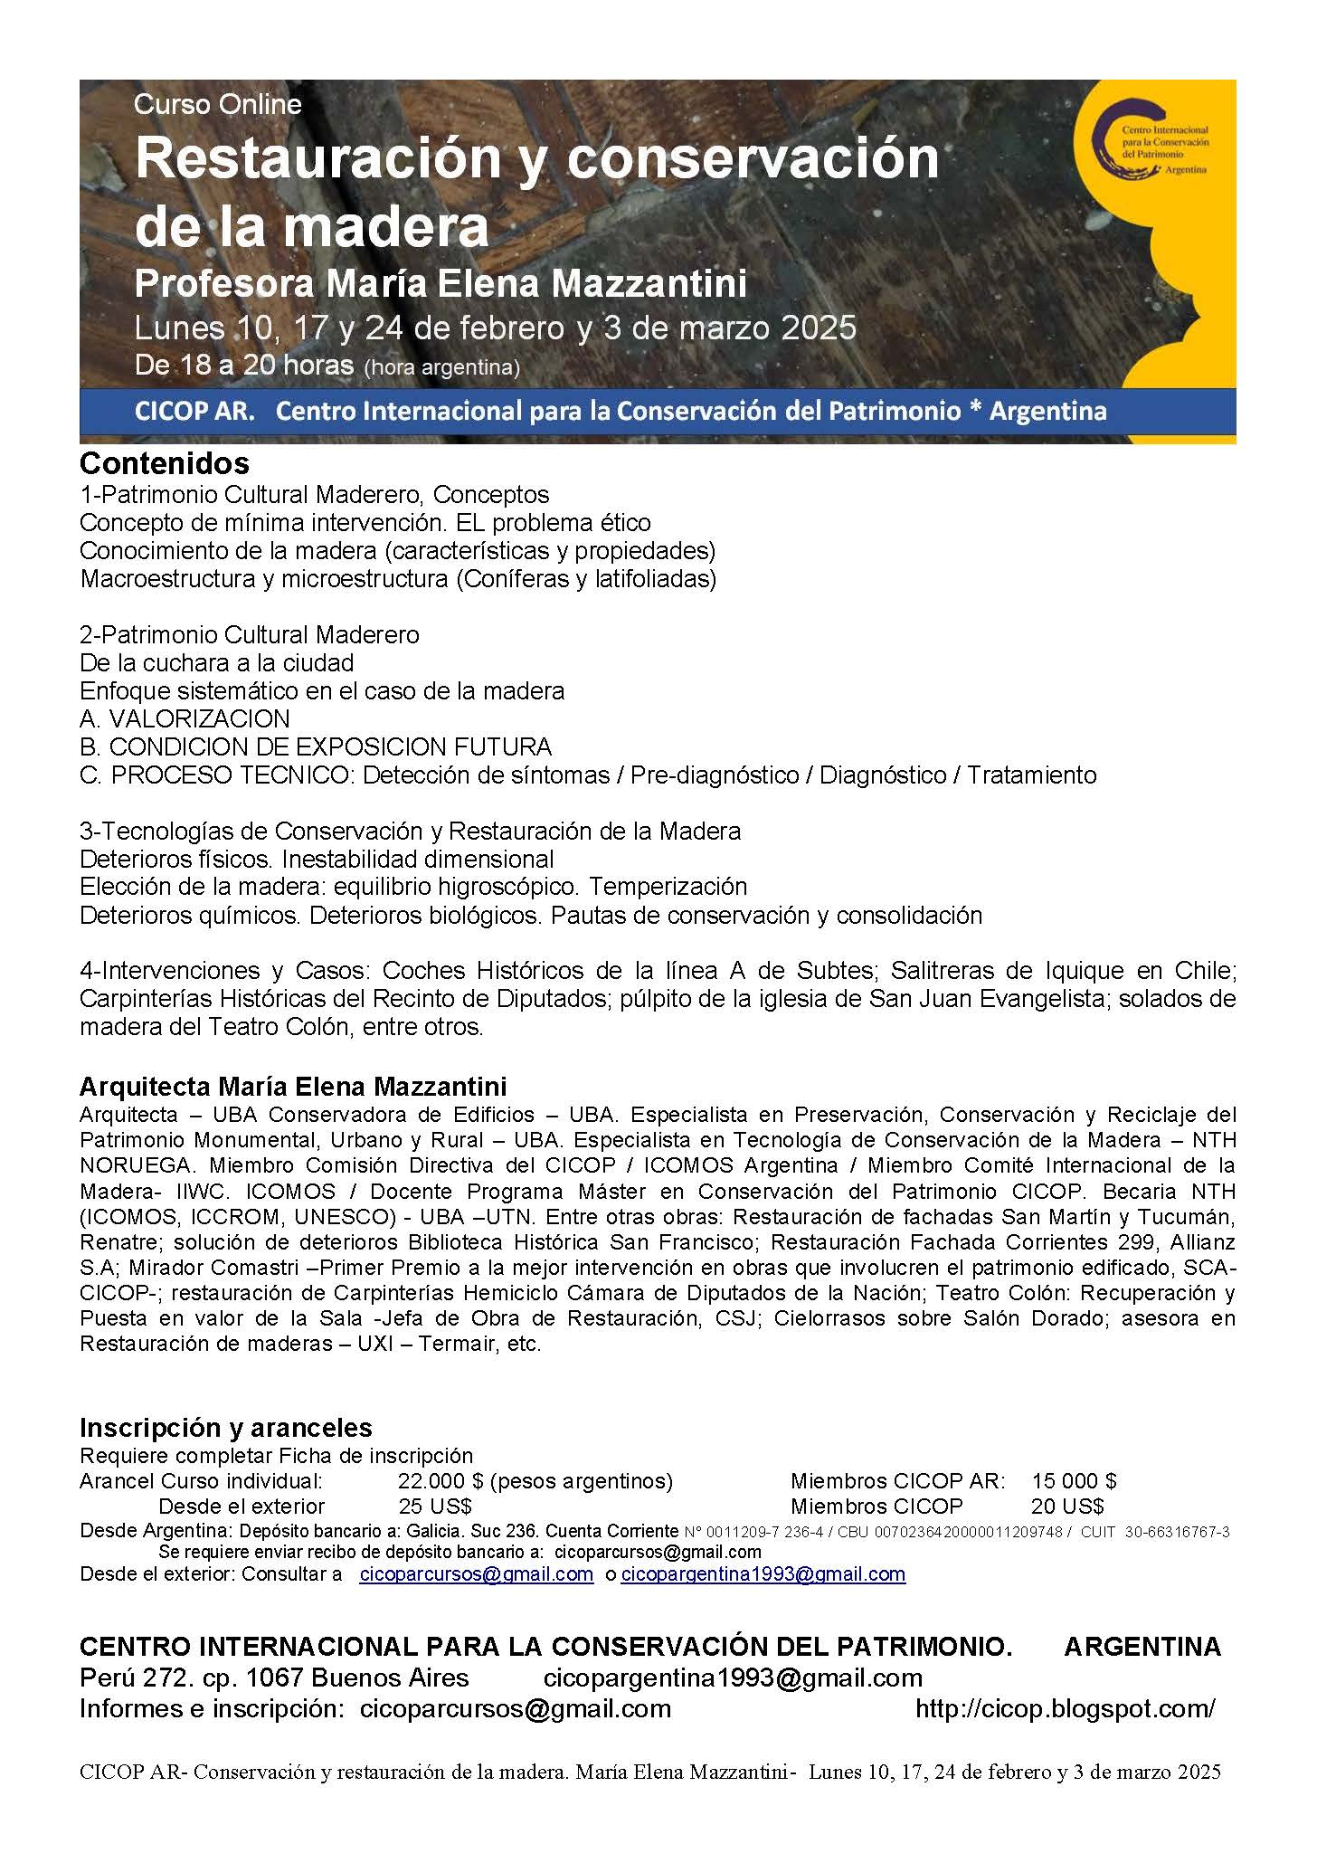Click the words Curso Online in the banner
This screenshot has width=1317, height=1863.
(x=217, y=105)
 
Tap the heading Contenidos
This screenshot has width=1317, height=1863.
(x=164, y=463)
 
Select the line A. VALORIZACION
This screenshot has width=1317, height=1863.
(x=185, y=719)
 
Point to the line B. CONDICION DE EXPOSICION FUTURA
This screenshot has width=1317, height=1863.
(x=315, y=747)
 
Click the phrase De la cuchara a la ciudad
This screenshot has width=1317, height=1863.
(x=216, y=663)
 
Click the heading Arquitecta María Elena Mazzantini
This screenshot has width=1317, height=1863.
(x=293, y=1086)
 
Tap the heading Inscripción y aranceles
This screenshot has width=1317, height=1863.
(x=225, y=1428)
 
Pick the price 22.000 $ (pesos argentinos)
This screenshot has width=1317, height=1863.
(x=535, y=1481)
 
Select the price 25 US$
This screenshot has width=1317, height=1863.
(x=435, y=1507)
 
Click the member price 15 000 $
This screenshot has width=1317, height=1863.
(x=1074, y=1481)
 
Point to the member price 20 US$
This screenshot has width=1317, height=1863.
(x=1067, y=1507)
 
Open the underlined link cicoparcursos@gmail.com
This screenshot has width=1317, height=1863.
(x=476, y=1574)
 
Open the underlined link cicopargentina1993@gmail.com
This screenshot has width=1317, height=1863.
(x=763, y=1574)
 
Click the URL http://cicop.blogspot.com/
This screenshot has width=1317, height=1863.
(x=1066, y=1709)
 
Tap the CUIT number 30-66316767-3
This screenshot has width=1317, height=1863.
(x=1177, y=1533)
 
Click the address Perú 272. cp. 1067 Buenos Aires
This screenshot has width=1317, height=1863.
(x=274, y=1678)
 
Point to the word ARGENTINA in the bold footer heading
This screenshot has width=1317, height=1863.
(x=1142, y=1647)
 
